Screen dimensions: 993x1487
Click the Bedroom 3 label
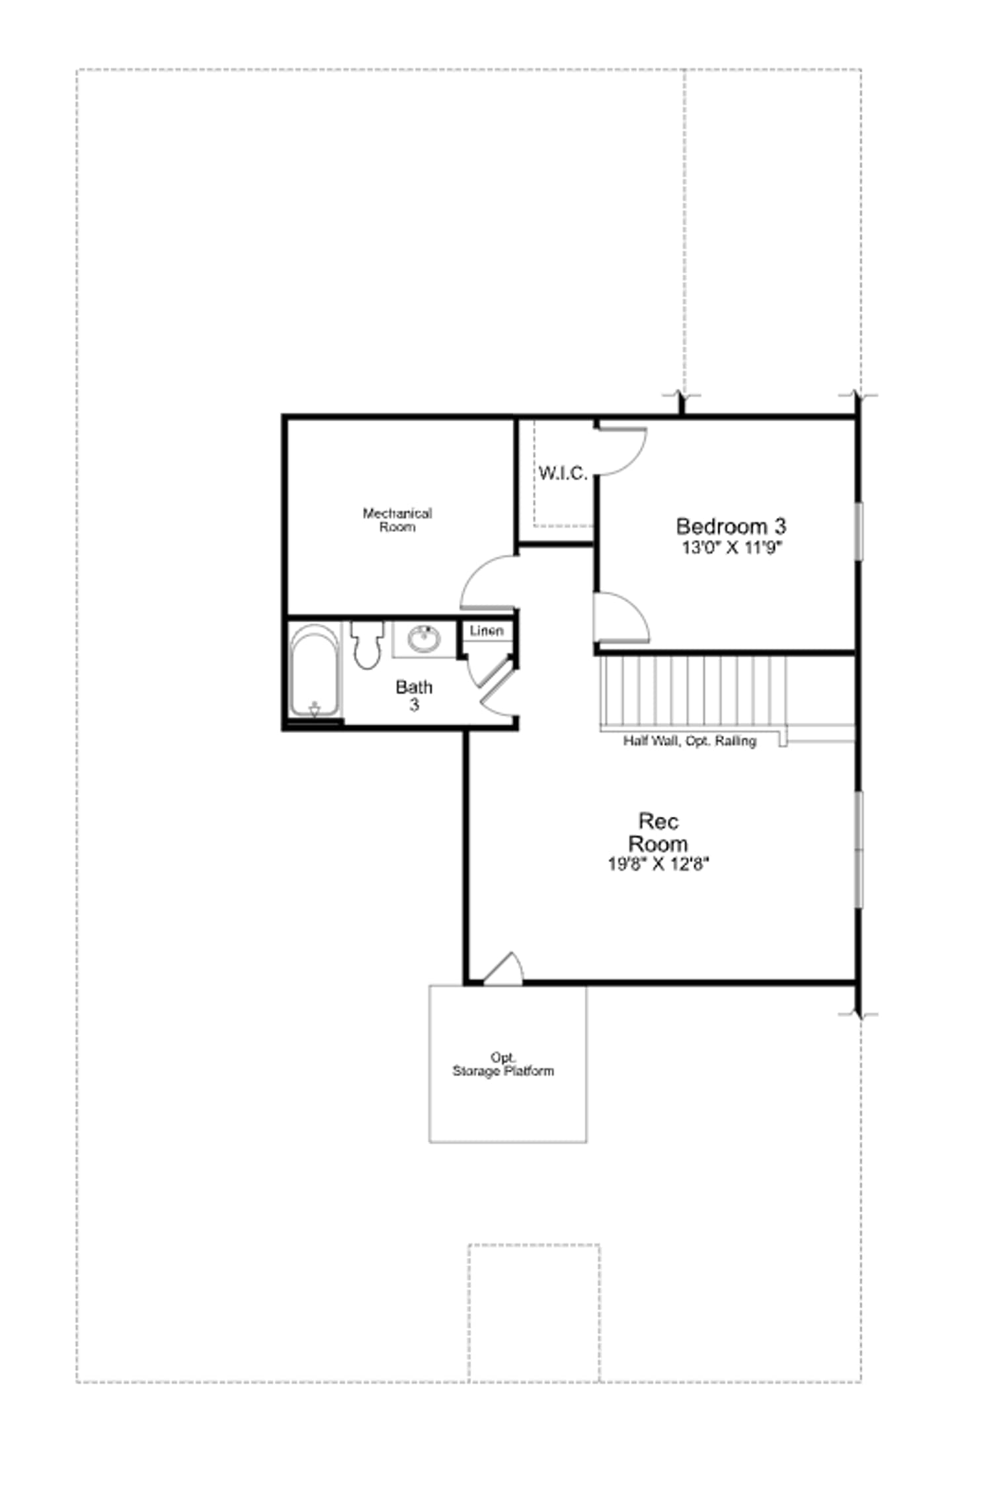(x=731, y=526)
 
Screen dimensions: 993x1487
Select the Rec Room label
(x=658, y=832)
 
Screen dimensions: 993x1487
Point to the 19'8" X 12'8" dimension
(x=658, y=864)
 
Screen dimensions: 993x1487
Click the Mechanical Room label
(x=397, y=520)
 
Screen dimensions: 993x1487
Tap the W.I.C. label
(x=563, y=473)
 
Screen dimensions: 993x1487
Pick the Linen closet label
(x=487, y=630)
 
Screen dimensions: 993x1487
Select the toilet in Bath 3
(x=367, y=644)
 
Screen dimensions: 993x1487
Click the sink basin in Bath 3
(x=424, y=638)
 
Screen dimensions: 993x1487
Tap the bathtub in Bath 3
(x=315, y=671)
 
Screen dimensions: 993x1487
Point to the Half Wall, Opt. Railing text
(x=690, y=741)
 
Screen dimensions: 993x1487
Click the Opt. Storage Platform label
(x=503, y=1064)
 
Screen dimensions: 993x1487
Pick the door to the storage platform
(x=504, y=969)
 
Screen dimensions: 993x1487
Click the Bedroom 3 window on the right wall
(x=859, y=531)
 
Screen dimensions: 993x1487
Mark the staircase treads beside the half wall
(x=694, y=691)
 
